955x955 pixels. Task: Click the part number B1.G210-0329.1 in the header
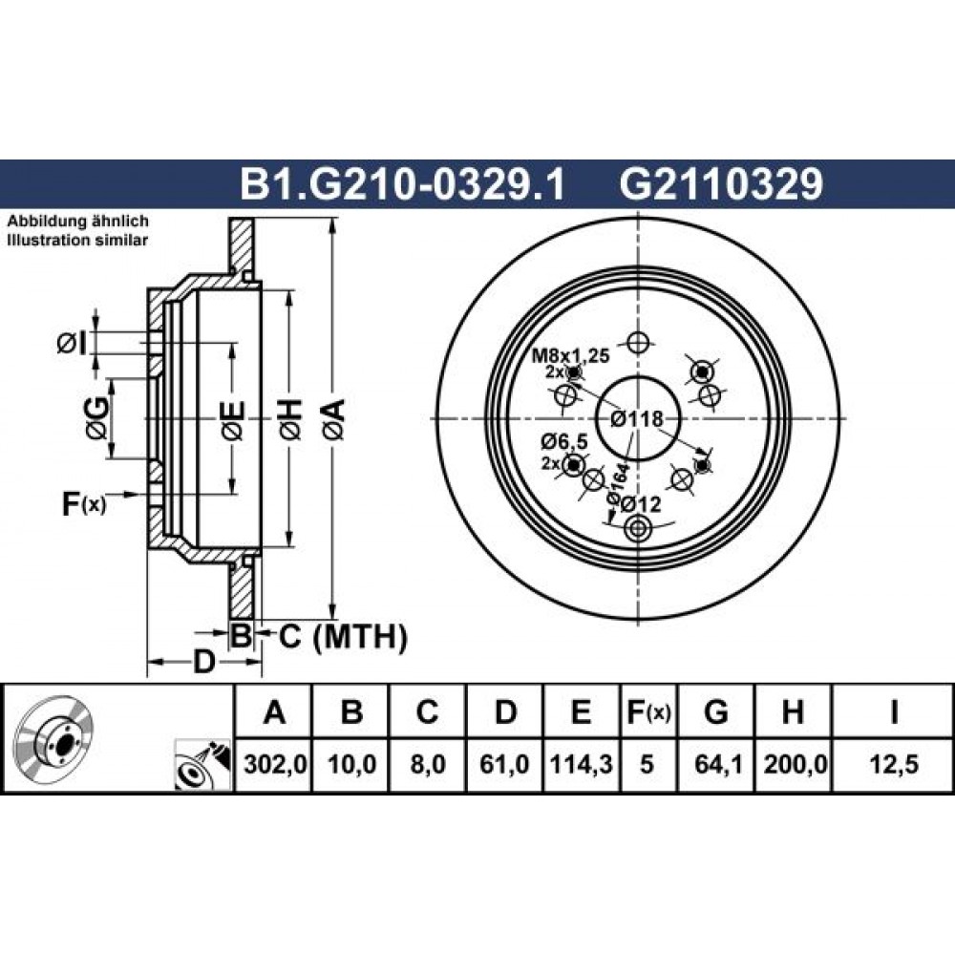[x=403, y=184]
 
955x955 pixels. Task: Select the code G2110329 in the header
[x=721, y=184]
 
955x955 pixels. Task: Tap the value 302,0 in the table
[x=273, y=764]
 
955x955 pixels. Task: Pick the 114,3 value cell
[x=582, y=764]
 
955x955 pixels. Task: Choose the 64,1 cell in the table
[x=717, y=764]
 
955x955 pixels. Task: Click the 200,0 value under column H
[x=795, y=764]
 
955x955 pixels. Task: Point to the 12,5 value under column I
[x=894, y=764]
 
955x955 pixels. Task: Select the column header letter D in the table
[x=505, y=711]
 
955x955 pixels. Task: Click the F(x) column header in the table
[x=648, y=711]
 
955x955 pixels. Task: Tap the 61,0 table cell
[x=504, y=764]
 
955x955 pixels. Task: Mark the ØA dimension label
[x=335, y=419]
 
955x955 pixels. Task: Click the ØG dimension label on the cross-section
[x=98, y=418]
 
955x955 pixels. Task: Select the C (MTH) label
[x=343, y=637]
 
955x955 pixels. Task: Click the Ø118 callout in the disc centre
[x=636, y=419]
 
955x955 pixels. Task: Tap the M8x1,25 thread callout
[x=571, y=355]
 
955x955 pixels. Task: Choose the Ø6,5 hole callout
[x=564, y=441]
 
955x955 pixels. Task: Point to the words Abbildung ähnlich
[x=77, y=222]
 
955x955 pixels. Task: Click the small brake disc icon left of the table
[x=54, y=738]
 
